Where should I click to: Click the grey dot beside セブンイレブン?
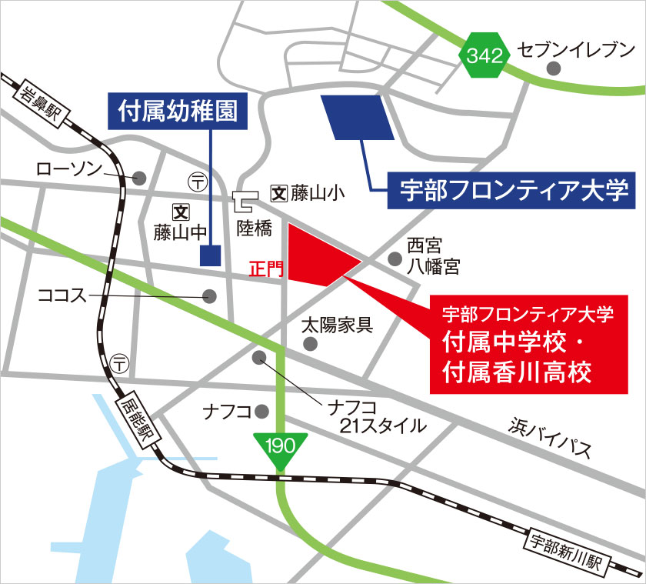(x=553, y=68)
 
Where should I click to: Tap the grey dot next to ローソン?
(x=139, y=177)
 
